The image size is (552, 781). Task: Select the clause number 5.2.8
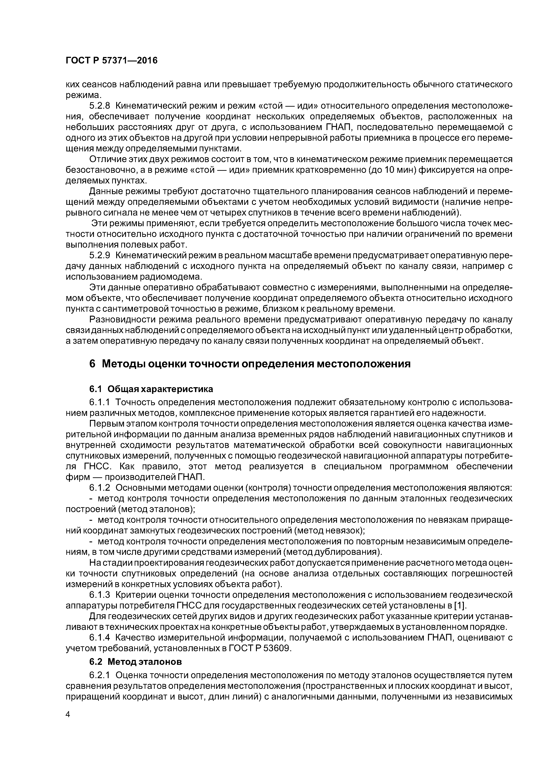click(100, 106)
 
